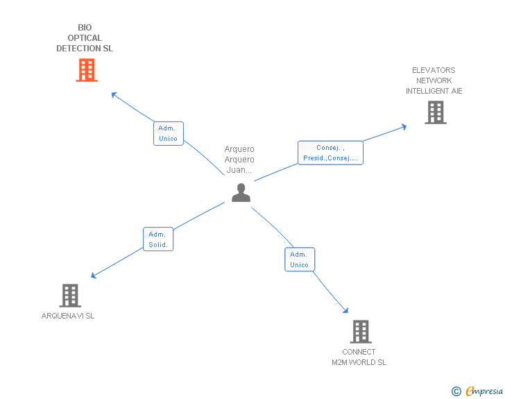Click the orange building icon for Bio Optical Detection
point(87,70)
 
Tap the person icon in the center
point(241,192)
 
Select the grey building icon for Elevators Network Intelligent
point(435,112)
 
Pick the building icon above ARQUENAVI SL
point(69,296)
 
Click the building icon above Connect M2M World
point(360,332)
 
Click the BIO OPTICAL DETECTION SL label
point(85,38)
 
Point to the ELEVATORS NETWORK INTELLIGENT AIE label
point(434,80)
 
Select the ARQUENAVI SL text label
point(68,316)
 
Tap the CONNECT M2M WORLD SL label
point(359,357)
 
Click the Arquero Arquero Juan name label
point(239,159)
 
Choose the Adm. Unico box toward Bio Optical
point(168,133)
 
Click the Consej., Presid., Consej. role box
point(330,153)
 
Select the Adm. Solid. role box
point(158,239)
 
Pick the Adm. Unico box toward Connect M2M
point(299,260)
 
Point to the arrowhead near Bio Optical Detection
point(114,94)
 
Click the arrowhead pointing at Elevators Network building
point(404,126)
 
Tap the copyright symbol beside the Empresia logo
point(456,391)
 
